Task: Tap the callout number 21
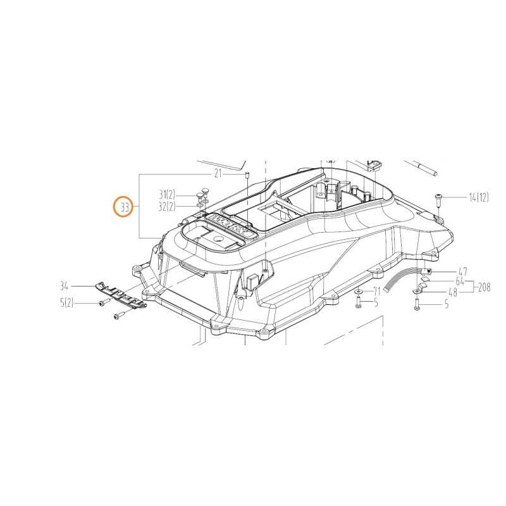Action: pyautogui.click(x=218, y=173)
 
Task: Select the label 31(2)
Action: pyautogui.click(x=167, y=195)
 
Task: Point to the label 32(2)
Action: pyautogui.click(x=167, y=206)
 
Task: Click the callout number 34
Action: pyautogui.click(x=64, y=286)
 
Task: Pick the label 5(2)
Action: pyautogui.click(x=67, y=303)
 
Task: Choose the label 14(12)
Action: pyautogui.click(x=479, y=197)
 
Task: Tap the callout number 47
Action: pyautogui.click(x=463, y=272)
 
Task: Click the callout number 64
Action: pyautogui.click(x=460, y=281)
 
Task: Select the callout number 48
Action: pyautogui.click(x=453, y=292)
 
